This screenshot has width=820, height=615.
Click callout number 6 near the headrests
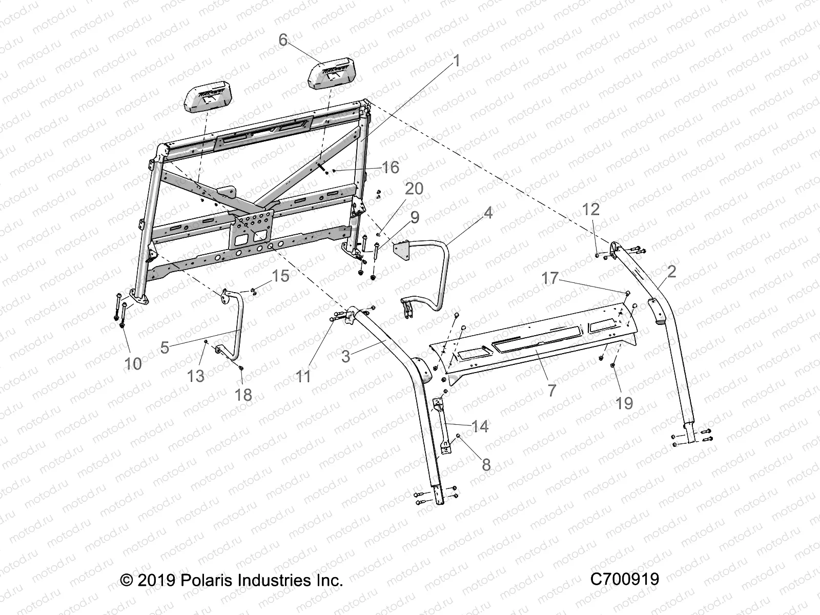click(283, 40)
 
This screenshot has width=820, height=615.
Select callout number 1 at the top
click(456, 61)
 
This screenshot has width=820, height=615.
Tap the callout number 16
click(391, 167)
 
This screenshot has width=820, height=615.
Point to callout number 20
click(414, 189)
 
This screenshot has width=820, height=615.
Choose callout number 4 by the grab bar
click(488, 213)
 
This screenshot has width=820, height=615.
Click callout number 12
click(591, 209)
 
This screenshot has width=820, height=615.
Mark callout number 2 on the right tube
click(671, 271)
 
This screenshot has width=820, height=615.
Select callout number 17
click(550, 278)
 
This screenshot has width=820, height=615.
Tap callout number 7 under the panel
click(551, 391)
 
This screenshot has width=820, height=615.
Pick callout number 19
click(624, 403)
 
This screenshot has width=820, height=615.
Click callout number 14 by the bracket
click(480, 426)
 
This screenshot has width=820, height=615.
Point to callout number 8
click(486, 464)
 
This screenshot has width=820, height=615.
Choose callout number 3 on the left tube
click(345, 356)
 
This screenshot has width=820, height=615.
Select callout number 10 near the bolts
click(133, 363)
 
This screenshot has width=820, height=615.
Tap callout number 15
click(280, 276)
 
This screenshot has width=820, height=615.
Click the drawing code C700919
click(624, 580)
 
